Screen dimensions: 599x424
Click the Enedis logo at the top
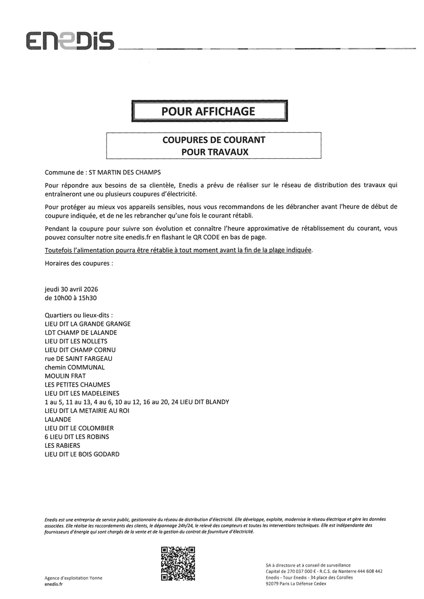(70, 41)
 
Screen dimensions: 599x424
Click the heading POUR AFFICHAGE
(209, 112)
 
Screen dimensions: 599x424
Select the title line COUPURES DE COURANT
(213, 140)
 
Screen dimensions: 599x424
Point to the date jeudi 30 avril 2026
(71, 289)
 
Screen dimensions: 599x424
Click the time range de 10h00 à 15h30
(71, 298)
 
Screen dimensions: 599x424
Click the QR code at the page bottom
(178, 563)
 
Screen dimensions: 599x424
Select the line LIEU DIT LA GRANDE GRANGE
(88, 324)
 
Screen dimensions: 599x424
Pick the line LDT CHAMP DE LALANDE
(81, 332)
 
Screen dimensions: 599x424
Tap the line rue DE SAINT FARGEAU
(78, 358)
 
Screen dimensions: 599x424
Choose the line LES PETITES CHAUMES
(77, 385)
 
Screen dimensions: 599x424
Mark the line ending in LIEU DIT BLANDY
(137, 402)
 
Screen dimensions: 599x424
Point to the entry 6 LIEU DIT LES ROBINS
(77, 437)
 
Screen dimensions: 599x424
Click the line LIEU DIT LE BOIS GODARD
(82, 454)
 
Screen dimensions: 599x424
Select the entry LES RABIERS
(62, 445)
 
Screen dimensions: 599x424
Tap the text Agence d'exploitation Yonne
(73, 578)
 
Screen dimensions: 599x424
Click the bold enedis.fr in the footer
(53, 584)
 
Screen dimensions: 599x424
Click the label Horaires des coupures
(79, 263)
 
